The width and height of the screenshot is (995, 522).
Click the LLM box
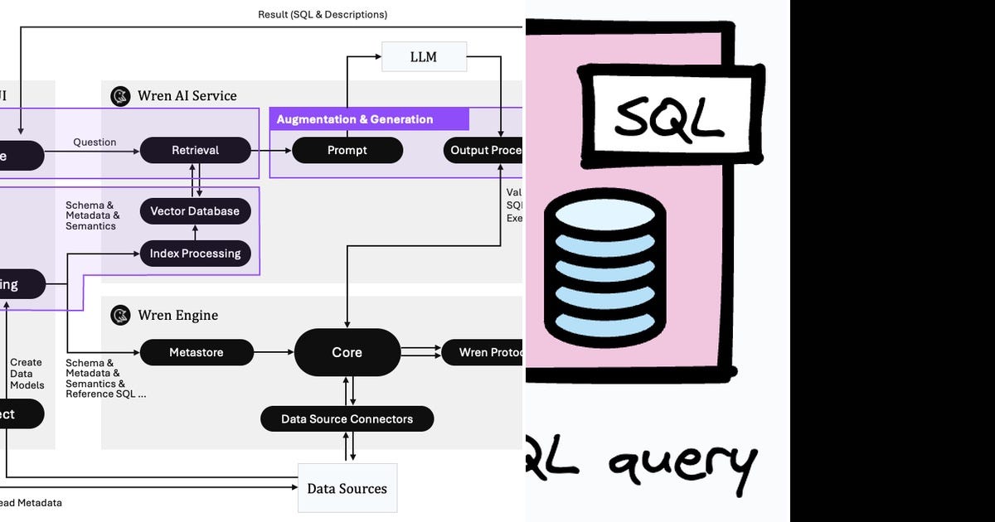(x=424, y=57)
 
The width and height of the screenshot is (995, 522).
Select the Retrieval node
(x=195, y=150)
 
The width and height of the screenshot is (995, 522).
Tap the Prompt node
(x=347, y=150)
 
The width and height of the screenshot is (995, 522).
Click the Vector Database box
(x=195, y=210)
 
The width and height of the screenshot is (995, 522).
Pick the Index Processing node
(x=195, y=254)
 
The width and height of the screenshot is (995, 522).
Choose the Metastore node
(x=196, y=352)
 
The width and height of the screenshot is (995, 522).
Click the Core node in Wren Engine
(x=347, y=352)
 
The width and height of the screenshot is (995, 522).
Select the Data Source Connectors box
(x=347, y=418)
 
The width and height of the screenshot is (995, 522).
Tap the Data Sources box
(x=347, y=488)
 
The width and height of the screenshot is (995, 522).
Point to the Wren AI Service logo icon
(x=121, y=96)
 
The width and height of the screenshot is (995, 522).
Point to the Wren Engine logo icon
(x=121, y=316)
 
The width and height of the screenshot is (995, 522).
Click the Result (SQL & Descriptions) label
(x=323, y=14)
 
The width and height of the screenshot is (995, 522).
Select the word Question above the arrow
(x=95, y=142)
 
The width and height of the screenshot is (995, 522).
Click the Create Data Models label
(x=27, y=374)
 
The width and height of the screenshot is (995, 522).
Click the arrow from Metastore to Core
(x=273, y=352)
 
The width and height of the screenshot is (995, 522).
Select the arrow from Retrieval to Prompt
(x=271, y=150)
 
